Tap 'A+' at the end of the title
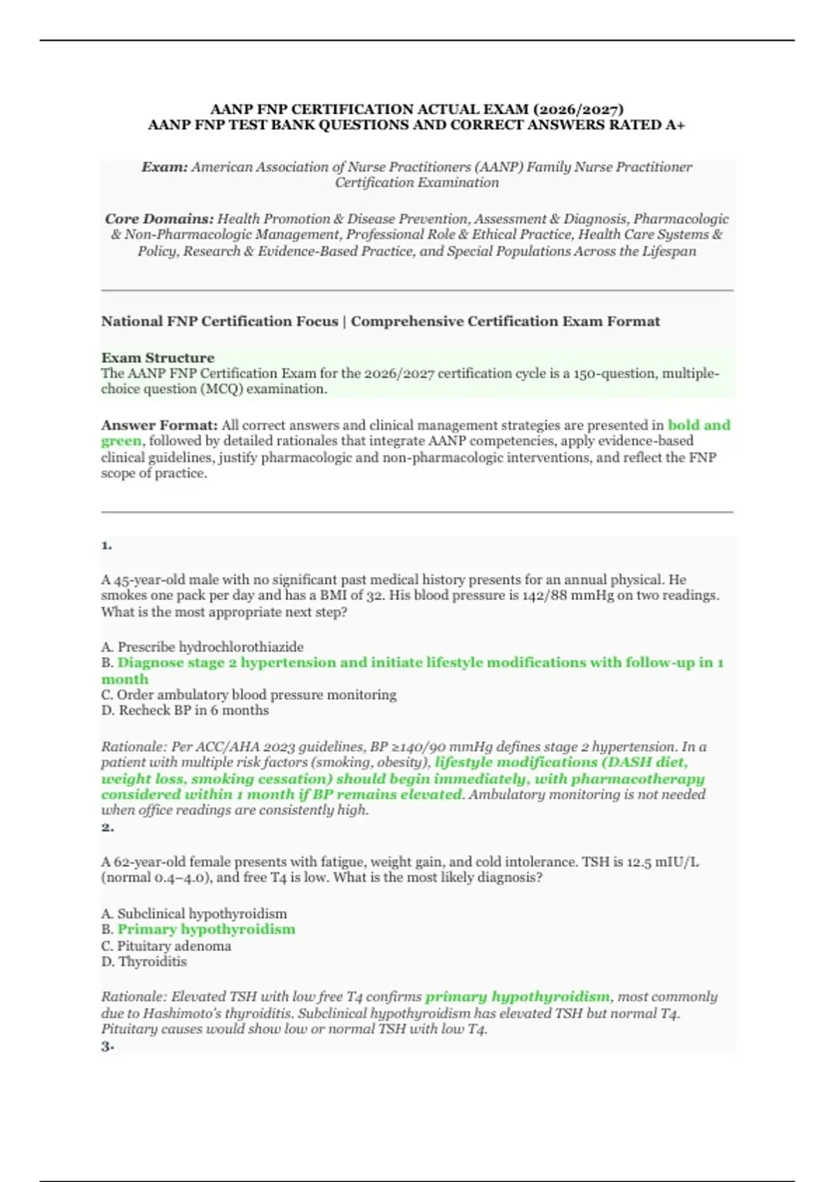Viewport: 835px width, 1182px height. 675,125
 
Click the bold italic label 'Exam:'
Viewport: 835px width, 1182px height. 165,167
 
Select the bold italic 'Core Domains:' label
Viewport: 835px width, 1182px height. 159,218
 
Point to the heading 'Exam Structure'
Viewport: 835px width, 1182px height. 158,357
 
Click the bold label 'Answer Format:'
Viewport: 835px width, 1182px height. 159,425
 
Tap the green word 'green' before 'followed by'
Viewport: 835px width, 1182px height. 121,441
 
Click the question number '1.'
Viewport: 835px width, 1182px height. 106,545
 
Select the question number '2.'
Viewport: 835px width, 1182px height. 107,827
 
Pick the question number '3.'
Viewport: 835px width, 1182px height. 107,1046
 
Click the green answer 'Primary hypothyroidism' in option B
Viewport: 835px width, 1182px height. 206,929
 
